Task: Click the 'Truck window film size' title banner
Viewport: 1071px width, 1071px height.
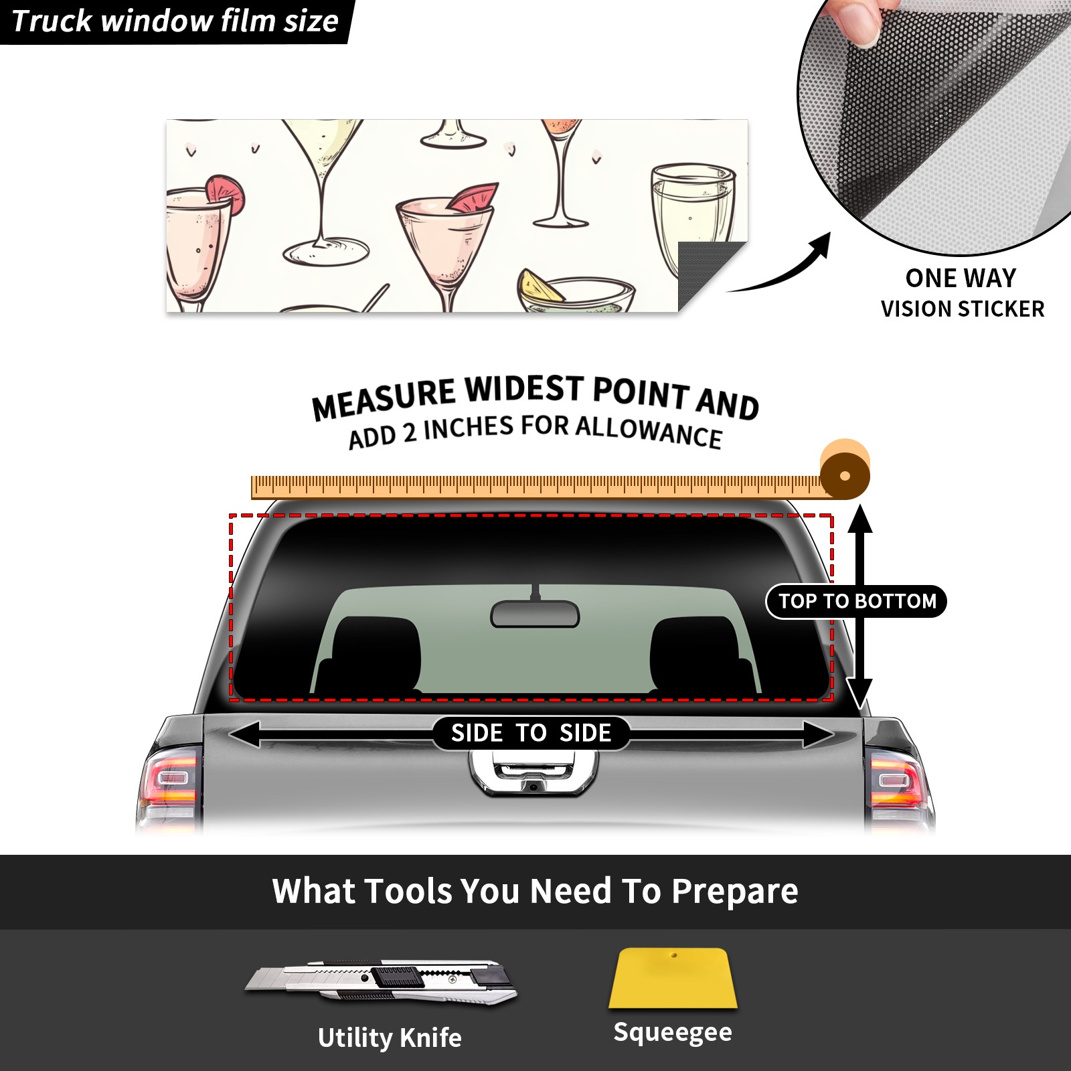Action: pyautogui.click(x=175, y=21)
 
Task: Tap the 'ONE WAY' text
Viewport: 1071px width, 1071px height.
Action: pyautogui.click(x=961, y=278)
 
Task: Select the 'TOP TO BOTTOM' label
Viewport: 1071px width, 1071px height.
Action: pyautogui.click(x=857, y=601)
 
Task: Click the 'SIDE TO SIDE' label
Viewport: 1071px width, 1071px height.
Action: pyautogui.click(x=531, y=733)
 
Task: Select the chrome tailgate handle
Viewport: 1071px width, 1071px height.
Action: pyautogui.click(x=533, y=773)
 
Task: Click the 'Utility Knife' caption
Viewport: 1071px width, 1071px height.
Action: pyautogui.click(x=390, y=1038)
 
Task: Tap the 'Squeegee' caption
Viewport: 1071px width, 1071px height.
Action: pyautogui.click(x=673, y=1032)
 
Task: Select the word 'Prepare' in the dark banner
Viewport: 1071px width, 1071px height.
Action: pyautogui.click(x=734, y=892)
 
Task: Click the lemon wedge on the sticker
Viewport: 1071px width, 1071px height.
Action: pyautogui.click(x=541, y=286)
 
